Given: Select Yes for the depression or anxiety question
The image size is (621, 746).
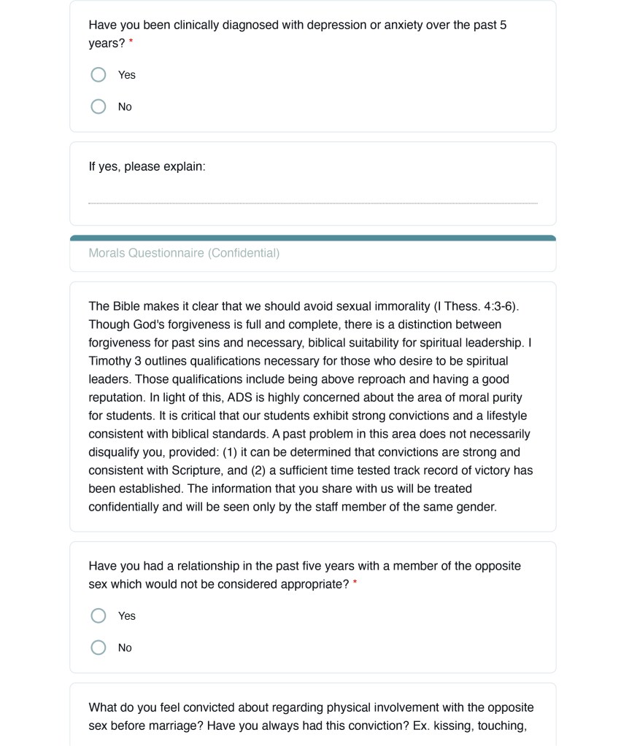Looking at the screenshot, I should pyautogui.click(x=99, y=75).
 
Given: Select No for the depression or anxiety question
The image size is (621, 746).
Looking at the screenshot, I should pyautogui.click(x=99, y=107).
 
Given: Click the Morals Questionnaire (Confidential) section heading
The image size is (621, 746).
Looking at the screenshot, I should pyautogui.click(x=184, y=254).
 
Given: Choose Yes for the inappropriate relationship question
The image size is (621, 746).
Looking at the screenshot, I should pyautogui.click(x=99, y=616).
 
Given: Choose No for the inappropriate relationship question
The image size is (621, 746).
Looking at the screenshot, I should pyautogui.click(x=99, y=648).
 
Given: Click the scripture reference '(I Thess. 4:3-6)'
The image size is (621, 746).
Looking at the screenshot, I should pyautogui.click(x=474, y=306).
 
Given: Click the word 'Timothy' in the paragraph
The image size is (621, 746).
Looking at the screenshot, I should pyautogui.click(x=112, y=361).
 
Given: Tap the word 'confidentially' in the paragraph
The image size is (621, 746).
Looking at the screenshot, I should pyautogui.click(x=124, y=507).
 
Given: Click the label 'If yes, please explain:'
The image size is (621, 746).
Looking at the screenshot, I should pyautogui.click(x=147, y=167).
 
